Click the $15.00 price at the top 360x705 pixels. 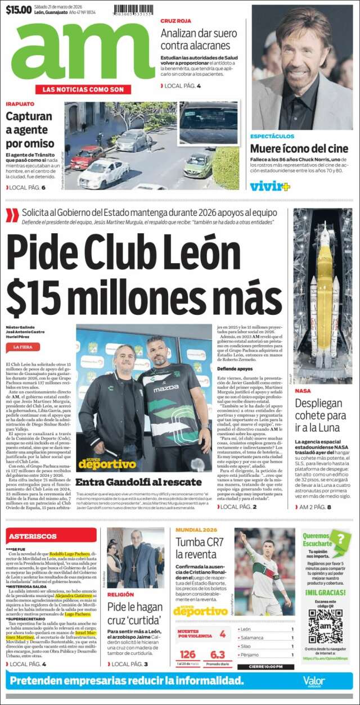pos(19,9)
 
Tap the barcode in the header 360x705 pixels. pos(134,10)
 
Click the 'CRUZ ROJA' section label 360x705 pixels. pos(172,21)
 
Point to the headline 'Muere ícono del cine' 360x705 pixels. pos(299,149)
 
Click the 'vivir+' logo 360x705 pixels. pos(270,186)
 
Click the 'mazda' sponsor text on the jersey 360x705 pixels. pos(166,388)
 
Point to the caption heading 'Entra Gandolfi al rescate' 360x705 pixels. pos(138,482)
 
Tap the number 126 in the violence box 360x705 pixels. pos(187,654)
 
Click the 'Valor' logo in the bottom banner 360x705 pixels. pos(313,681)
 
